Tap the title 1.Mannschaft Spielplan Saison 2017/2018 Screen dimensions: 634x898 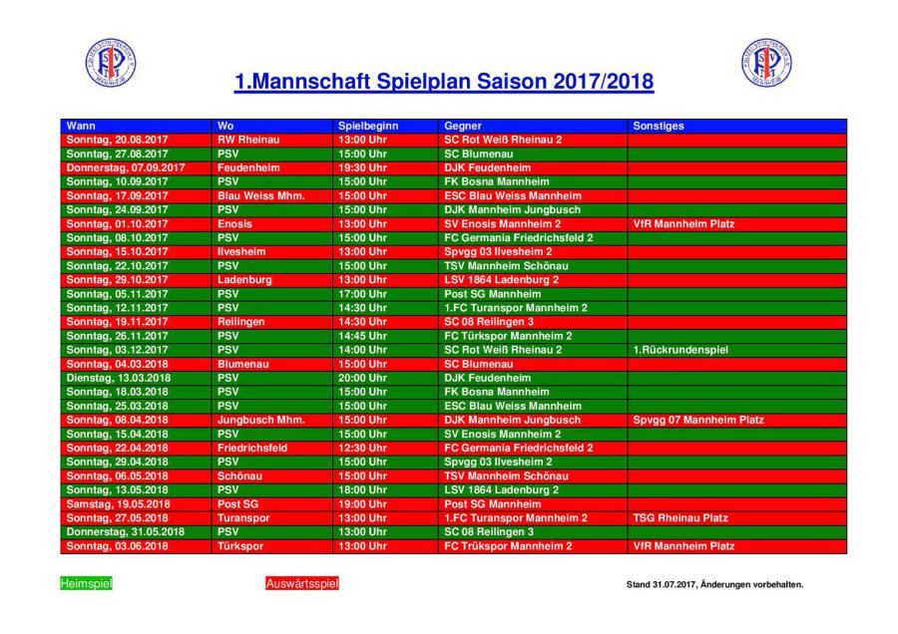pos(444,81)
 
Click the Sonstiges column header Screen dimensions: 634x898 pos(658,126)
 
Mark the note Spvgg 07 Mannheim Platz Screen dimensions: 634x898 pos(698,420)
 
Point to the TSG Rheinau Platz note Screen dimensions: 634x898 pos(680,518)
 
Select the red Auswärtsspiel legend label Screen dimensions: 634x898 pos(302,584)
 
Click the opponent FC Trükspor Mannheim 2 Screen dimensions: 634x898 pos(508,546)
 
